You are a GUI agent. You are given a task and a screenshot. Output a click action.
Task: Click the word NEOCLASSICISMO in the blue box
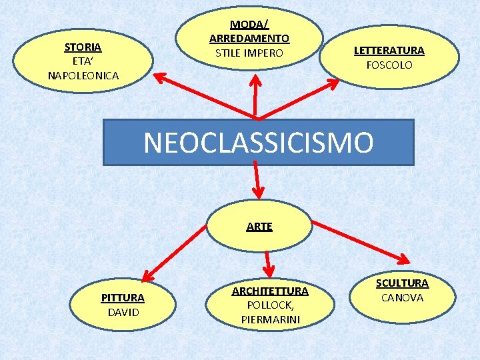pyautogui.click(x=258, y=143)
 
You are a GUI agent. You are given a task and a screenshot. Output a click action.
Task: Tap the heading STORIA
pyautogui.click(x=83, y=47)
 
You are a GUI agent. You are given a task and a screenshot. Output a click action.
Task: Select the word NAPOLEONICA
pyautogui.click(x=83, y=76)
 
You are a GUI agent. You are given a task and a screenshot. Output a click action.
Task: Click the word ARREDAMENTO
pyautogui.click(x=249, y=39)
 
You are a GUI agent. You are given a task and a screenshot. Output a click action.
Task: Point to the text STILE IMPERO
pyautogui.click(x=249, y=53)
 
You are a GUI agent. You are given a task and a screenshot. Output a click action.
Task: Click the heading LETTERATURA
pyautogui.click(x=389, y=51)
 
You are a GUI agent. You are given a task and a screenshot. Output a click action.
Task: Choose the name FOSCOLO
pyautogui.click(x=389, y=65)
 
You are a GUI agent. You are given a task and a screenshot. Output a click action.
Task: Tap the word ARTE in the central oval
pyautogui.click(x=259, y=227)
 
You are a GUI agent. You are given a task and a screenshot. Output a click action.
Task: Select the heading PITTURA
pyautogui.click(x=122, y=297)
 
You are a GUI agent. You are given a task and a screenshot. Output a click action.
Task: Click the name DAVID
pyautogui.click(x=123, y=312)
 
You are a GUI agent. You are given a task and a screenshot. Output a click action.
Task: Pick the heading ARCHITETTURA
pyautogui.click(x=270, y=291)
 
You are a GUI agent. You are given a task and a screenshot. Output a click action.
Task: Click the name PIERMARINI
pyautogui.click(x=270, y=319)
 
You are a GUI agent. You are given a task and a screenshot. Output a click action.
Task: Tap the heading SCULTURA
pyautogui.click(x=402, y=283)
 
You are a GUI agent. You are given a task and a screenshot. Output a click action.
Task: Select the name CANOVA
pyautogui.click(x=402, y=297)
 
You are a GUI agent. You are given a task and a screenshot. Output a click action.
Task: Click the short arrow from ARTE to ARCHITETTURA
pyautogui.click(x=268, y=263)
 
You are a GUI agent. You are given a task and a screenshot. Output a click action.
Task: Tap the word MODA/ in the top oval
pyautogui.click(x=249, y=25)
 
